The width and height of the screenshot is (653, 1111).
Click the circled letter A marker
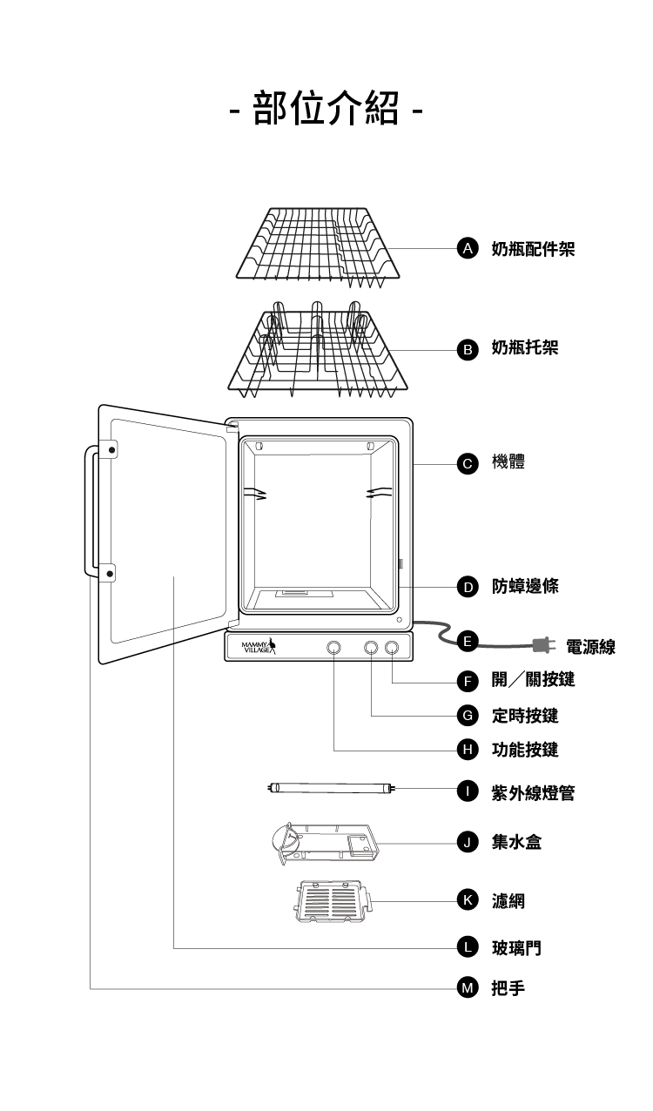468,249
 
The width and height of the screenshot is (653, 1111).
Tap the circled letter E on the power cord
468,642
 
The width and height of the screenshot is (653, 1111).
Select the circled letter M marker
468,987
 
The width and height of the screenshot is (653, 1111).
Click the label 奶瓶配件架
533,249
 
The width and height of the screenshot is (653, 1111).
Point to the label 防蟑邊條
525,586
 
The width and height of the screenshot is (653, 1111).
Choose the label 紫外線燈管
533,792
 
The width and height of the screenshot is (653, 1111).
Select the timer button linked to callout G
371,647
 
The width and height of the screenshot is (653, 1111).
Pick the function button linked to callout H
333,647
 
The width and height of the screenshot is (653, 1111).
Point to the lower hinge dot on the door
110,573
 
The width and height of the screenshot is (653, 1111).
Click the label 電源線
590,646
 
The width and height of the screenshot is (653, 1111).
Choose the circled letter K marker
468,899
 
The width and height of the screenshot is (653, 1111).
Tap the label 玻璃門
516,947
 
